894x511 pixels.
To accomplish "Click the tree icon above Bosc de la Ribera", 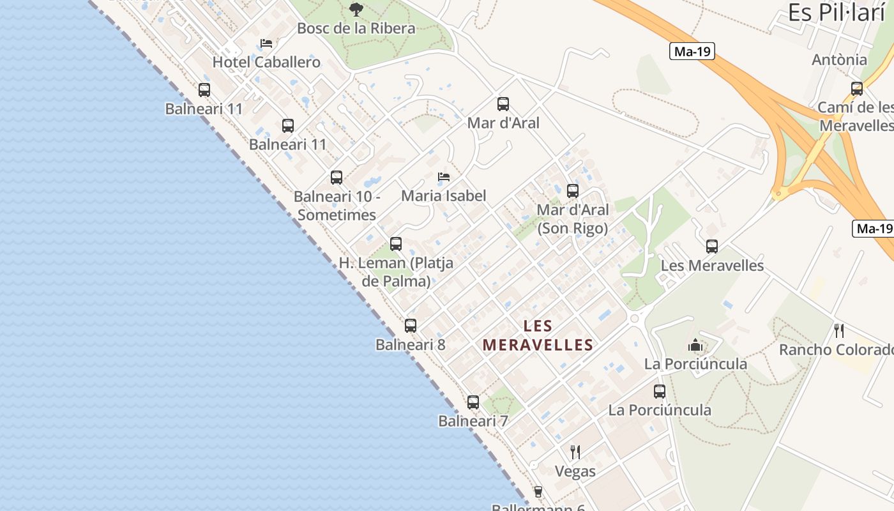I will click(x=356, y=9).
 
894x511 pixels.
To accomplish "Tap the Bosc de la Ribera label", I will click(x=356, y=28).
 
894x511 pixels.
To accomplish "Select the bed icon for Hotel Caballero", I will click(x=266, y=43).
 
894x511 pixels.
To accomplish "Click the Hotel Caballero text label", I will click(x=266, y=62).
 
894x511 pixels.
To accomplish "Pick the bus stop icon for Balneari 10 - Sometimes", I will click(x=336, y=178).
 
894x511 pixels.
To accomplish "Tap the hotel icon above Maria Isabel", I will click(x=444, y=177).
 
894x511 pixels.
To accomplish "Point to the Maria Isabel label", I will click(x=444, y=195).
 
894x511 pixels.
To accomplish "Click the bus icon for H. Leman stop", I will click(x=396, y=243).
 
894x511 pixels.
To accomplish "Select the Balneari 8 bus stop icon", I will click(x=411, y=326).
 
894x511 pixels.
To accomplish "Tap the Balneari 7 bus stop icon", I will click(x=473, y=402).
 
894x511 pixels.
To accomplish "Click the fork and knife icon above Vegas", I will click(x=575, y=452).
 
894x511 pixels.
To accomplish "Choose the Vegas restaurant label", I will click(x=575, y=471).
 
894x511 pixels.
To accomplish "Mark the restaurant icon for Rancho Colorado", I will click(x=839, y=331).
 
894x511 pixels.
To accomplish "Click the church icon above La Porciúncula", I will click(x=695, y=346).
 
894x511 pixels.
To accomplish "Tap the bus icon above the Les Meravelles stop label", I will click(x=712, y=246).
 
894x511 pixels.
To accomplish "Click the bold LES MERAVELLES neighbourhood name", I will click(x=538, y=335).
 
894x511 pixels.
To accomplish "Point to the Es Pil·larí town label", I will click(x=836, y=13).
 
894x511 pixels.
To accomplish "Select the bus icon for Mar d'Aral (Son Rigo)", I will click(x=572, y=190).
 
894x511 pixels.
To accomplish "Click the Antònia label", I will click(x=839, y=60).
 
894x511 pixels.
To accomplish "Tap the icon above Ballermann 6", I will click(x=538, y=491).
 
